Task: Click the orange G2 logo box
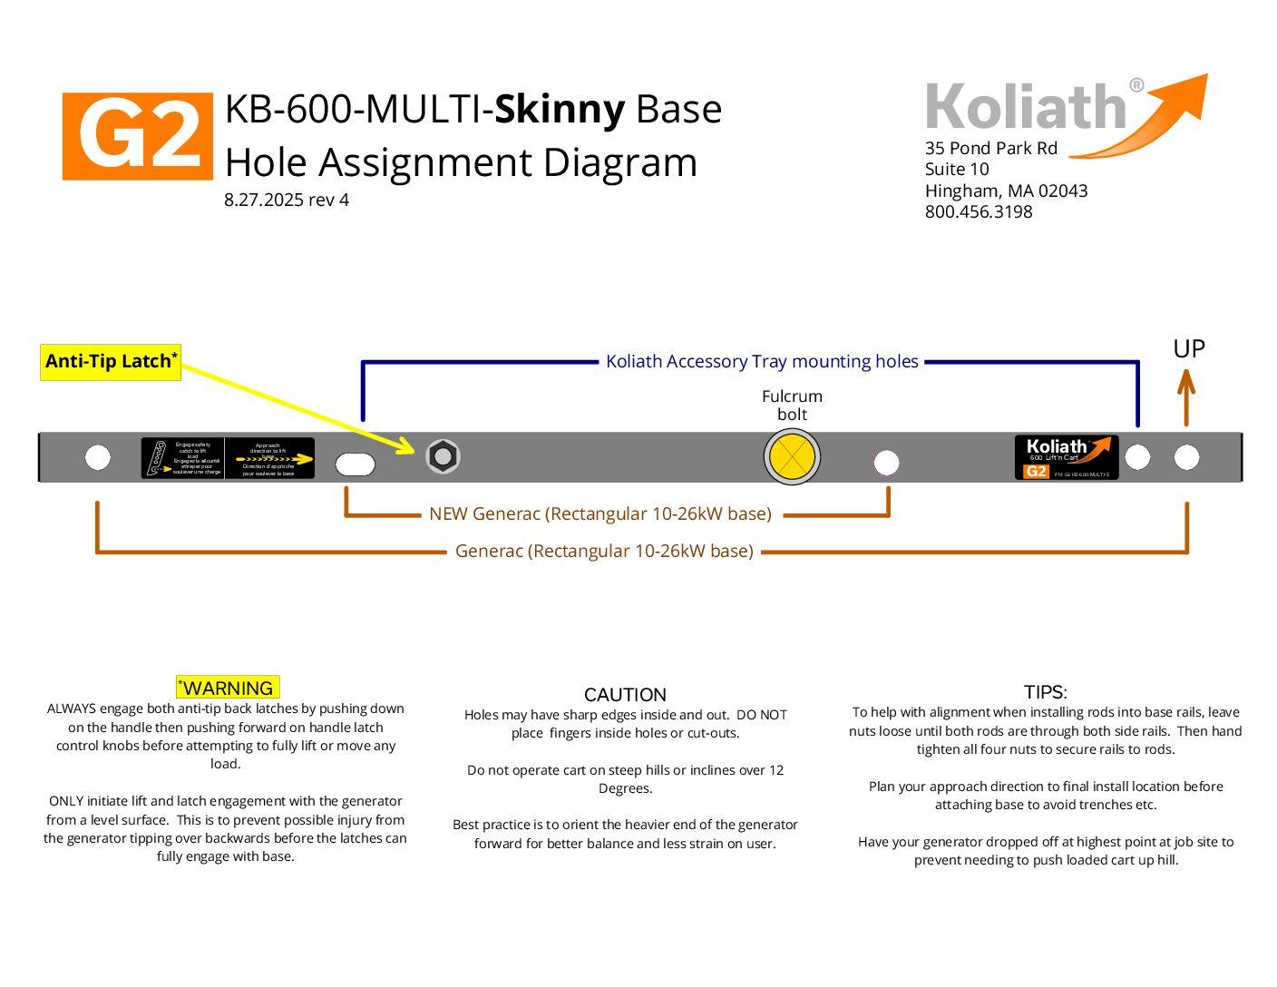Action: pos(137,136)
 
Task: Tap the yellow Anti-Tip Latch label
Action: pos(111,362)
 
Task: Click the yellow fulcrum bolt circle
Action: pos(792,457)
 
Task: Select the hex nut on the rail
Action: pos(443,456)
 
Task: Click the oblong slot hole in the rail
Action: pos(355,464)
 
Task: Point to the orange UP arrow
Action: pos(1186,398)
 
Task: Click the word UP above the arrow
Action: pos(1188,349)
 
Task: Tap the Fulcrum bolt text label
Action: pos(792,406)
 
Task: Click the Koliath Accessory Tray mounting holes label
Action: pos(762,362)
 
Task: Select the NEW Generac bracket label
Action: pos(600,514)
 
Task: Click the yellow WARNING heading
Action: pos(228,688)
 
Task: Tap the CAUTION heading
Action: pos(625,695)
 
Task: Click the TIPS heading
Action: pos(1045,692)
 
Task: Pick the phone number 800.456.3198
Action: pos(979,212)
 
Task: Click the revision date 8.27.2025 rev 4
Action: pos(287,200)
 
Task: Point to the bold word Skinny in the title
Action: pos(560,109)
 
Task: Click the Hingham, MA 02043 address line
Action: pos(1006,191)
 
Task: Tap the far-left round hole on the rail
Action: pos(98,457)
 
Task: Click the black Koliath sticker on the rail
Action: pos(1066,457)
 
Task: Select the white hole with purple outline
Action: pos(886,463)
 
